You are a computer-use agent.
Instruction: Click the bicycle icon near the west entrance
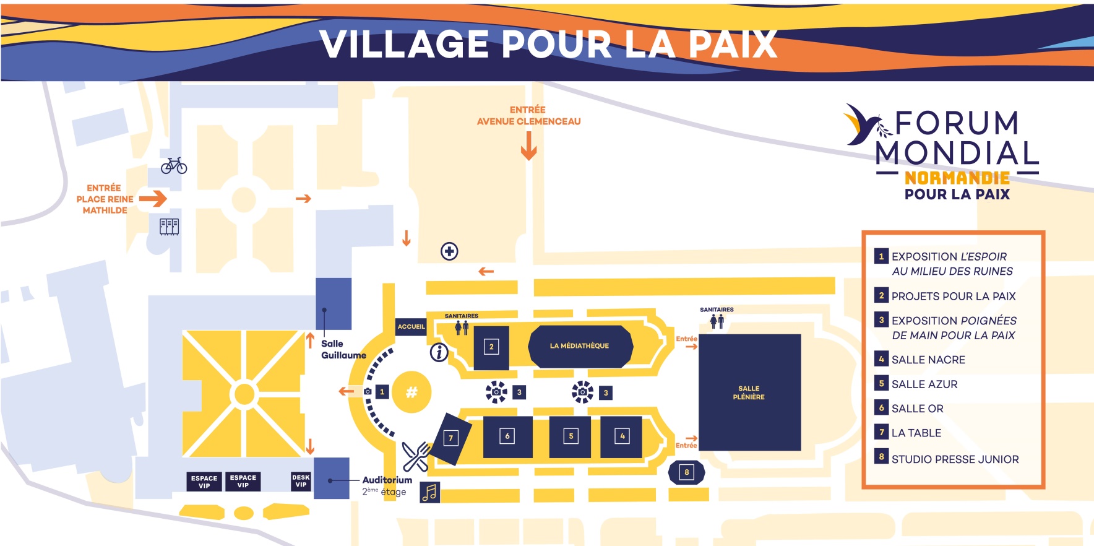coord(174,166)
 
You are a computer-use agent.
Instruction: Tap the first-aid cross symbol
coord(449,251)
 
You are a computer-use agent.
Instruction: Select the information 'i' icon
coord(439,352)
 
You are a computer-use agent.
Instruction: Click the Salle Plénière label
coord(749,392)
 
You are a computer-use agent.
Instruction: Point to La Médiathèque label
coord(579,346)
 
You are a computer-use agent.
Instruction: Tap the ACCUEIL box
coord(411,326)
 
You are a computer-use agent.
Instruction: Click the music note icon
coord(430,493)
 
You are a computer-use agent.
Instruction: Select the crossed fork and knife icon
coord(416,457)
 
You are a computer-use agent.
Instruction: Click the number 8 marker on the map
coord(686,472)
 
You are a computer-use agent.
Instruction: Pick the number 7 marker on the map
coord(451,438)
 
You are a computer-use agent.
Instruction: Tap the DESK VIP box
coord(301,481)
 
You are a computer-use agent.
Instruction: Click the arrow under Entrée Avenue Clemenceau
coord(528,146)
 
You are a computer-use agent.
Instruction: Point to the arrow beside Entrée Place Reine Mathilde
coord(153,199)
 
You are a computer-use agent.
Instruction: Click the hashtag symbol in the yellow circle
coord(411,391)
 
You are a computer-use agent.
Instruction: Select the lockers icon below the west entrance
coord(169,227)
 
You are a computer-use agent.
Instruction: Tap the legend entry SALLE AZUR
coord(924,384)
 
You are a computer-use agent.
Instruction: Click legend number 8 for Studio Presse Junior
coord(881,457)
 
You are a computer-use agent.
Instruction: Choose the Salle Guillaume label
coord(343,349)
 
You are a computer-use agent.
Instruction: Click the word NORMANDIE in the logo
coord(957,178)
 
